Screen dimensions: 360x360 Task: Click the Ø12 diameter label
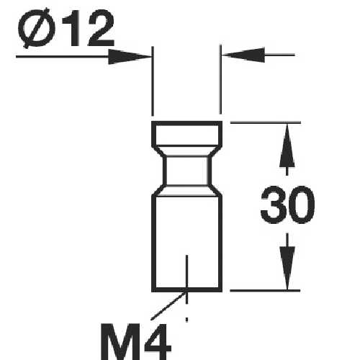click(x=66, y=31)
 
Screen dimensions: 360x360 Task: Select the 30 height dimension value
click(x=287, y=207)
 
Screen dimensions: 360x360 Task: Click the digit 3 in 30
click(x=272, y=207)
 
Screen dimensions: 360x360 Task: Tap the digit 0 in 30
click(x=302, y=207)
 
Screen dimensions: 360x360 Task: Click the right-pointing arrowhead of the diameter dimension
click(x=133, y=55)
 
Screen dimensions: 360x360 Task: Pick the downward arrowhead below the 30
click(x=287, y=274)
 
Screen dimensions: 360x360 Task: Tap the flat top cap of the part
click(x=186, y=133)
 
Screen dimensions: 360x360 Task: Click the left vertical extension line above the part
click(x=152, y=83)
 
